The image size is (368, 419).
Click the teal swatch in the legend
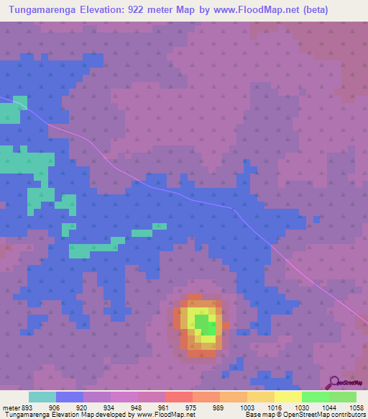pyautogui.click(x=42, y=397)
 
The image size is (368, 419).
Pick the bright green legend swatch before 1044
pyautogui.click(x=315, y=397)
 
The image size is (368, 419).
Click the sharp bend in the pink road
pyautogui.click(x=234, y=209)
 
